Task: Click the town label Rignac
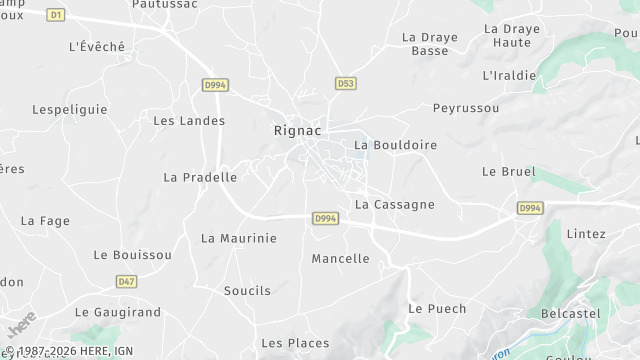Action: tap(297, 130)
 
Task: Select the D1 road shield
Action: tap(56, 15)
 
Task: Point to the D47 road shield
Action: tap(126, 282)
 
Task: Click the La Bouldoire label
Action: tap(396, 145)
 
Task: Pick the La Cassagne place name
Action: tap(395, 204)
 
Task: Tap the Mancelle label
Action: tap(340, 258)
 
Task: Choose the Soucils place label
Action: tap(247, 290)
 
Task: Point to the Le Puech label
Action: tap(437, 308)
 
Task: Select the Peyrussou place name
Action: tap(465, 107)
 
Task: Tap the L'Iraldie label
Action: tap(509, 75)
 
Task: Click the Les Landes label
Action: tap(189, 120)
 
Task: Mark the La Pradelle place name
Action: tap(200, 177)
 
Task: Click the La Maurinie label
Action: tap(238, 238)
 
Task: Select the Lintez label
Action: tap(586, 234)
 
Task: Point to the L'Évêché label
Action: tap(96, 46)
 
